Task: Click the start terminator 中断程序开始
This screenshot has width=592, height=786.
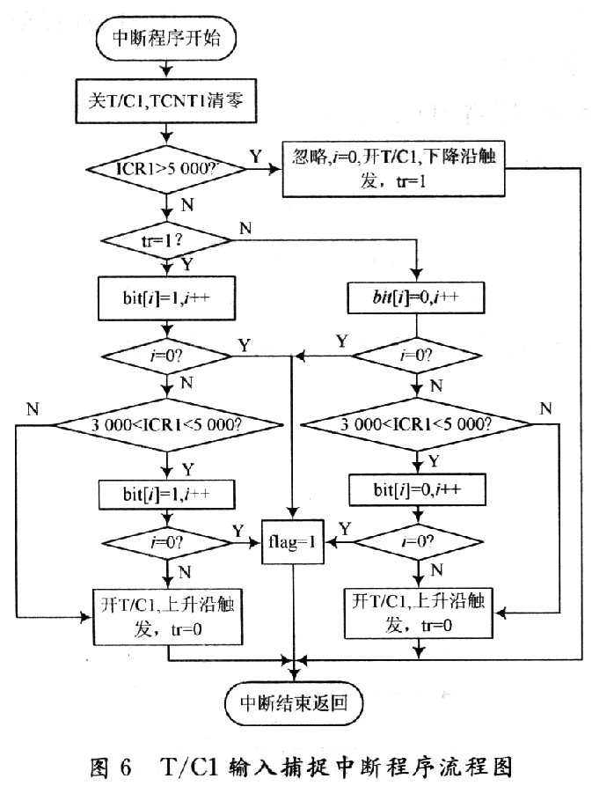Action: click(x=165, y=38)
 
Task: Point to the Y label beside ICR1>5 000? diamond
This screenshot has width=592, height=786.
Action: click(x=255, y=156)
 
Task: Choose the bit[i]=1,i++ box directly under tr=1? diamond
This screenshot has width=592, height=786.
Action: click(x=165, y=299)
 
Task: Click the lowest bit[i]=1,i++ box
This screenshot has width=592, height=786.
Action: click(x=165, y=494)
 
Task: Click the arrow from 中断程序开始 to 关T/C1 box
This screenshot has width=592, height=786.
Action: click(x=165, y=69)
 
